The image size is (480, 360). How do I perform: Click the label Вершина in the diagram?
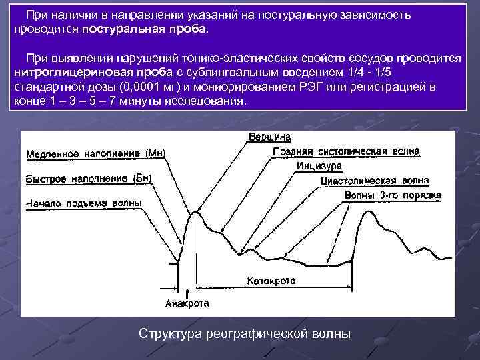[269, 137]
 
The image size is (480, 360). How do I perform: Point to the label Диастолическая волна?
[375, 181]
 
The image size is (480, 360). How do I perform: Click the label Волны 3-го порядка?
[393, 195]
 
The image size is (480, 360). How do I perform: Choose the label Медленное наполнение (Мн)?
[95, 154]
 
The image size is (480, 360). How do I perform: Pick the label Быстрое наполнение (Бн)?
[89, 179]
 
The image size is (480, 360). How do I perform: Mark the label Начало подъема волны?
[83, 203]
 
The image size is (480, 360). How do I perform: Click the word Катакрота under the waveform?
[271, 281]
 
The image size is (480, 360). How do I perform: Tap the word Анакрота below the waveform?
[187, 303]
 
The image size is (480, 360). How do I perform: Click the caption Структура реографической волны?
[244, 333]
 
